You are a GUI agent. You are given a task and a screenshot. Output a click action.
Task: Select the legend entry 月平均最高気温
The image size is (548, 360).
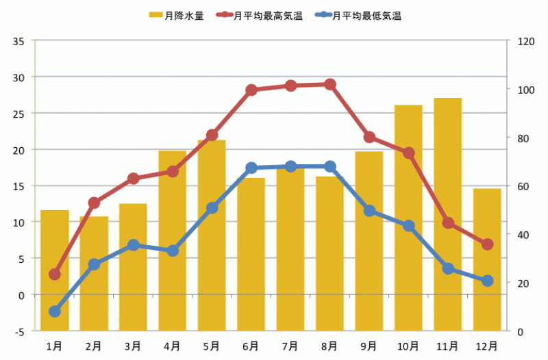260,15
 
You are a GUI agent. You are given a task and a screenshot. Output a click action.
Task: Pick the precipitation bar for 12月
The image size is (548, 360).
487,259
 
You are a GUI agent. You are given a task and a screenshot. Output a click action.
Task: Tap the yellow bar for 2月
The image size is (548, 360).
94,274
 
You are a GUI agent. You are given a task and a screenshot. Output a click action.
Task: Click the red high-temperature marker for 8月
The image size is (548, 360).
330,84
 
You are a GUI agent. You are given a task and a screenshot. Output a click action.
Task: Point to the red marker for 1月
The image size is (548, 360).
55,274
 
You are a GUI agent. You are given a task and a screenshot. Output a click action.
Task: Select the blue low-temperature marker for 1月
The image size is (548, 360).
55,311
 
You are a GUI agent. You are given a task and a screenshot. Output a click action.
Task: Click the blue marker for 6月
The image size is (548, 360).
251,168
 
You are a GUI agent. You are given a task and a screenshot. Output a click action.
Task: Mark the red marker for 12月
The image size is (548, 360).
487,244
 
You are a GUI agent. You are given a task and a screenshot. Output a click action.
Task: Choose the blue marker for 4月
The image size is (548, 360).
173,251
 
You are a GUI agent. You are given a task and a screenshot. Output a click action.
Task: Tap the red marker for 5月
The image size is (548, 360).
212,136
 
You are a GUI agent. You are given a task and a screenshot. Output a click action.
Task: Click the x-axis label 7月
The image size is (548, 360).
290,345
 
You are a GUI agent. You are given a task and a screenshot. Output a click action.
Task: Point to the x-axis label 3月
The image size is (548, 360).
133,345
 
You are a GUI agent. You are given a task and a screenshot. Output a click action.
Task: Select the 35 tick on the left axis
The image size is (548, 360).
18,40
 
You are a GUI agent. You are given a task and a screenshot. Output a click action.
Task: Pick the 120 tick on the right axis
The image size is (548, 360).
525,40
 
